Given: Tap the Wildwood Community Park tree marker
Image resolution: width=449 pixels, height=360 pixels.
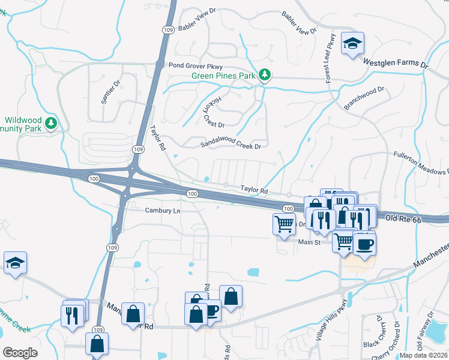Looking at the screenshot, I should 52,124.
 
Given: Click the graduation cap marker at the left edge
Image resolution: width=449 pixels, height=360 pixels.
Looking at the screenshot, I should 15,263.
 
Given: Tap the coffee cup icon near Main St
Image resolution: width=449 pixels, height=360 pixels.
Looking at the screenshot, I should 364,244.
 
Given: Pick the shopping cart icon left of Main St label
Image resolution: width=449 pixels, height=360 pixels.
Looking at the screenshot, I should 284,224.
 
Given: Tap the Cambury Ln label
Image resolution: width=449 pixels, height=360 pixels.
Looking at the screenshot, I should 163,211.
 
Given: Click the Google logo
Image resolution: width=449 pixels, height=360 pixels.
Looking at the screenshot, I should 20,352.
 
